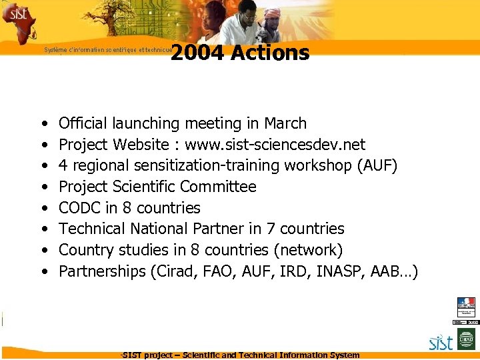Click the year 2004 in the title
pos(197,53)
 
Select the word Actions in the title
pos(270,53)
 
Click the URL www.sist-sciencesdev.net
pos(275,145)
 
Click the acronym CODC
pos(80,207)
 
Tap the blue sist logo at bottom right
pos(441,343)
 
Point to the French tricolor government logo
pos(466,307)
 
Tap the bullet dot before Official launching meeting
pos(43,124)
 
